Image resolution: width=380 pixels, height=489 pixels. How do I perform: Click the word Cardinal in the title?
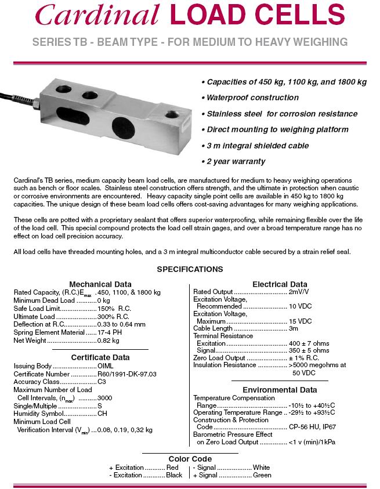click(x=97, y=16)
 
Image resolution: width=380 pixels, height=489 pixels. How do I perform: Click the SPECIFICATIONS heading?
click(x=190, y=269)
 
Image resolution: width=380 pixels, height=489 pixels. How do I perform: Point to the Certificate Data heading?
click(x=100, y=357)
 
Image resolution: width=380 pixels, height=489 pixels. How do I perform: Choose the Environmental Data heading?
click(x=280, y=390)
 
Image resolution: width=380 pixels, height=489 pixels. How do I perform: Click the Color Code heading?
click(x=190, y=459)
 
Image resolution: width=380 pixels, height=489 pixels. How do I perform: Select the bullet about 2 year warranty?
click(x=233, y=161)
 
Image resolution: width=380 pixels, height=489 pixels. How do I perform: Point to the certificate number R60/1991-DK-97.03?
click(x=127, y=374)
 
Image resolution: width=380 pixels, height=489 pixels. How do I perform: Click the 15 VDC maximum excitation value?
click(x=300, y=321)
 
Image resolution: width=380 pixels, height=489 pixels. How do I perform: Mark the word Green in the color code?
click(x=262, y=475)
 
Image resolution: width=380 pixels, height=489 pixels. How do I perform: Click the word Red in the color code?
click(x=172, y=467)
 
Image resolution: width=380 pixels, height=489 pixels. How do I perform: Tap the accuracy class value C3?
click(x=102, y=382)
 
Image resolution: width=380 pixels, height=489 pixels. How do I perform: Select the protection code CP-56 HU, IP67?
click(x=313, y=427)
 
